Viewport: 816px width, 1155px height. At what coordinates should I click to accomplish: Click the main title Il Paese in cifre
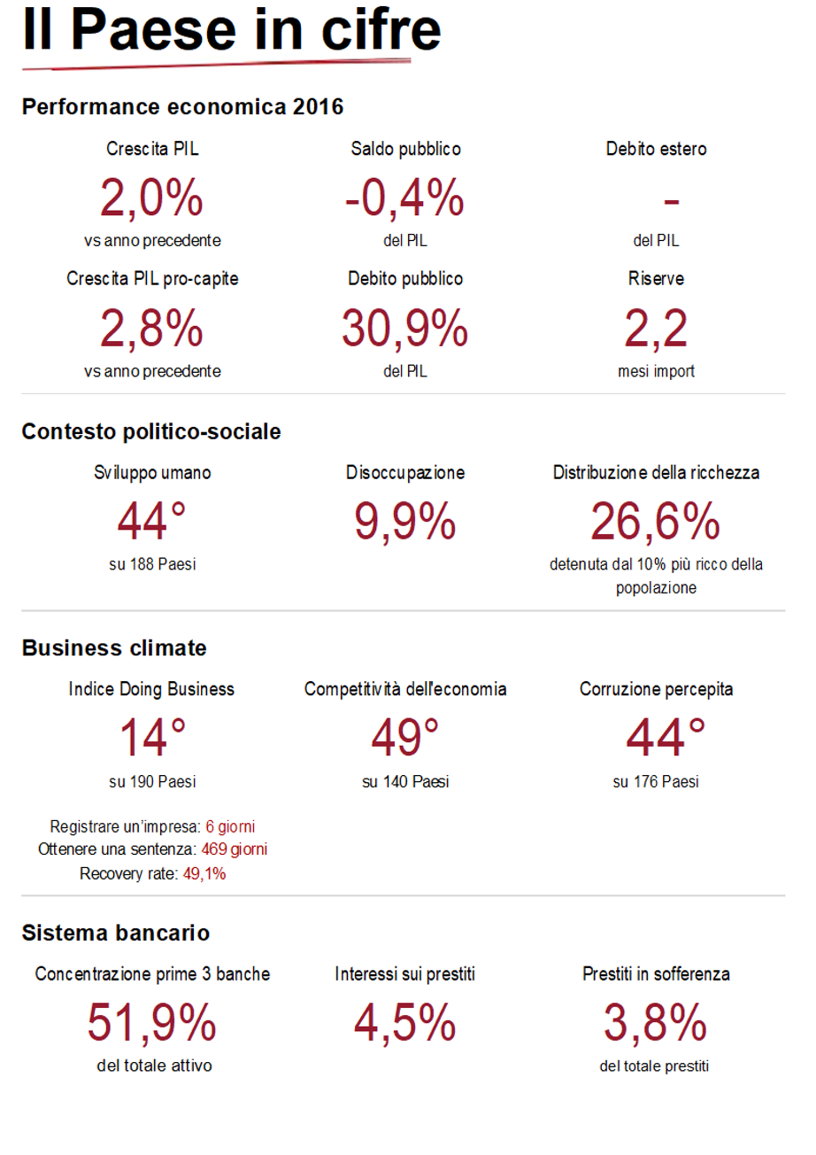(x=232, y=30)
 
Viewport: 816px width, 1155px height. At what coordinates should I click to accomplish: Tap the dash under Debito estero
(x=671, y=202)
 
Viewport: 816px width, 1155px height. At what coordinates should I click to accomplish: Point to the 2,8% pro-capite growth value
(x=152, y=329)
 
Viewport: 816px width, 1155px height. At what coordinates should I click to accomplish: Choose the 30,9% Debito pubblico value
(x=404, y=329)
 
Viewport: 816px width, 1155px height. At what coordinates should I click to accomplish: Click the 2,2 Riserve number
(x=656, y=329)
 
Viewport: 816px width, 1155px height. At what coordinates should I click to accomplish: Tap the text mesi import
(x=656, y=372)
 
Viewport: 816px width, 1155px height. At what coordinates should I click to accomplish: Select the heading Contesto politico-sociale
(x=151, y=432)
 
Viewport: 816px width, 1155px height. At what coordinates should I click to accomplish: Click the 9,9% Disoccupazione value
(x=404, y=521)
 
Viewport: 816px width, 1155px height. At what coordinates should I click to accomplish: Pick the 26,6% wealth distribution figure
(x=656, y=521)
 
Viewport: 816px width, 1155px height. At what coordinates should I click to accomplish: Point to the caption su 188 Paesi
(x=152, y=564)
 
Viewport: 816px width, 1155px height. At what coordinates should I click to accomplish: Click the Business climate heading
(x=114, y=648)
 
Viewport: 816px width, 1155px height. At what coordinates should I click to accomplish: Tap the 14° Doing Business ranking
(x=152, y=737)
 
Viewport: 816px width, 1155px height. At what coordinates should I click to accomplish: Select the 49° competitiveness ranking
(x=404, y=737)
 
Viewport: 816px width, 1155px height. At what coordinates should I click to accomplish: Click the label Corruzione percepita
(x=656, y=689)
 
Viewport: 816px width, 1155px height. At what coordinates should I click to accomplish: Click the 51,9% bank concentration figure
(x=152, y=1023)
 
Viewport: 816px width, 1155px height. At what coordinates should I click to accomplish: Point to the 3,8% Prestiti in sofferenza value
(x=656, y=1023)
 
